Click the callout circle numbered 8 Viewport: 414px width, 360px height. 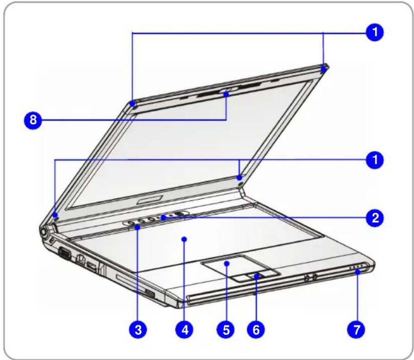33,120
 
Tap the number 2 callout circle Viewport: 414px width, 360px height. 375,218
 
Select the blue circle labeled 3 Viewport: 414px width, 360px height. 138,329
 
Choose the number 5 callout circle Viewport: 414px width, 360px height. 226,329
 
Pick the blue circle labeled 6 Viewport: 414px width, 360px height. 256,329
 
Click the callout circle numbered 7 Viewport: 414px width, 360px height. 357,329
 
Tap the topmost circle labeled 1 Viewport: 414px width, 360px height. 375,32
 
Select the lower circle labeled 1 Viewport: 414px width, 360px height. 375,160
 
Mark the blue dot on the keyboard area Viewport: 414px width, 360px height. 184,239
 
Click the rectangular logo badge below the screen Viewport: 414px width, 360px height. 150,200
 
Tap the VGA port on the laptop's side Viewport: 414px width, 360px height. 63,253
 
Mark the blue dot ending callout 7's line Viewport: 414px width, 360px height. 357,272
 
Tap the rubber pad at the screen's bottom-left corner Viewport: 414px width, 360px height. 56,217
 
